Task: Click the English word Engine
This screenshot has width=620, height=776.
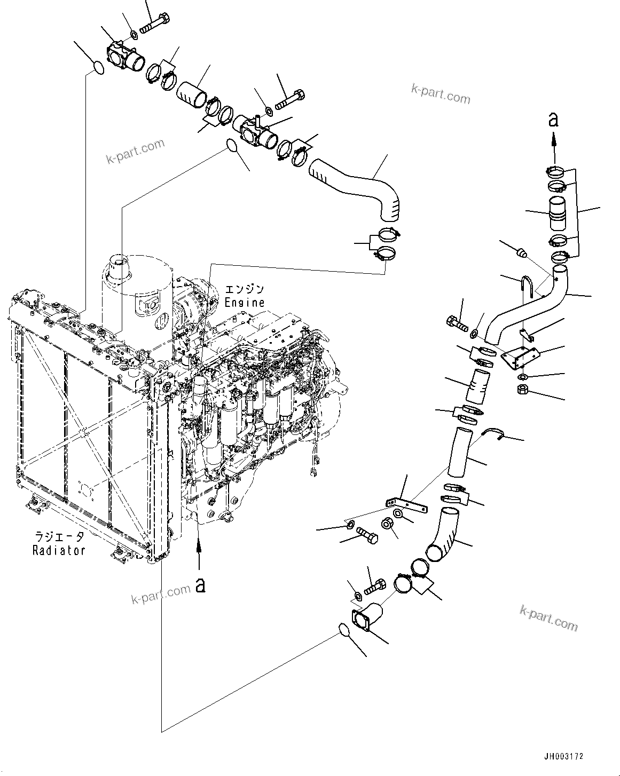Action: [244, 302]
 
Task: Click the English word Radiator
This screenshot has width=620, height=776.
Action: [59, 550]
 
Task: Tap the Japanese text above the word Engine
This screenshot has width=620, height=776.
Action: [244, 290]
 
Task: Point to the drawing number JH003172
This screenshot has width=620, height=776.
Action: [563, 756]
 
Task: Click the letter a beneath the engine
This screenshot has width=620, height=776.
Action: [200, 585]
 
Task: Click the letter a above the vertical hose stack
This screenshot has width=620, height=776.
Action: [554, 120]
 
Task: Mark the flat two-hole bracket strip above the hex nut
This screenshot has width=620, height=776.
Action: [406, 504]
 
